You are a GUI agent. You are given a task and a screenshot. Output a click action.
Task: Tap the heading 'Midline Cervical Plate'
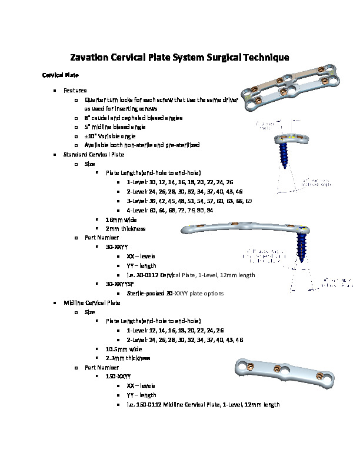(x=92, y=302)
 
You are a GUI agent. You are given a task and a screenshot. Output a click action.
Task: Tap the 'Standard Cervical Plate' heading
(x=94, y=155)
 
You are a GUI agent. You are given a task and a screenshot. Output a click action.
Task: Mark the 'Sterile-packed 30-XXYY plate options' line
(x=175, y=293)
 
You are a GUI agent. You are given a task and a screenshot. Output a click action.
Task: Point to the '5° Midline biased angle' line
(x=115, y=127)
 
